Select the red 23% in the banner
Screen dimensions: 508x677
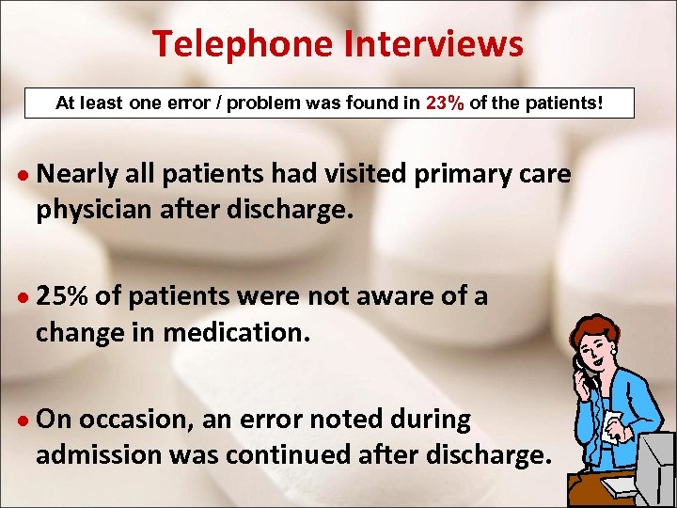tap(445, 103)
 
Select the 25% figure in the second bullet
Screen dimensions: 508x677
tap(63, 297)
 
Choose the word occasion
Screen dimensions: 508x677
tap(135, 421)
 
